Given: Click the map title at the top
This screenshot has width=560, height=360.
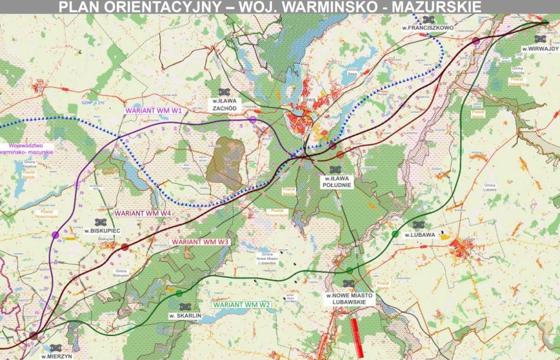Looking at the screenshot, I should click(x=270, y=7).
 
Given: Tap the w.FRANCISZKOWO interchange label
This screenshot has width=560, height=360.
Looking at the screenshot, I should click(x=431, y=27).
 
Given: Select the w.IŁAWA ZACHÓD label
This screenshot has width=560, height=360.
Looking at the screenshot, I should click(x=223, y=104).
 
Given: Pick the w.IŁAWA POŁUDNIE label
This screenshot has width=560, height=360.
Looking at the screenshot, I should click(x=337, y=182).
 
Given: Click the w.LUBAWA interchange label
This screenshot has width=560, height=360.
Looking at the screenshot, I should click(x=420, y=235).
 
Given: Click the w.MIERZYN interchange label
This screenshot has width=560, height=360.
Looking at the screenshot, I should click(x=56, y=356).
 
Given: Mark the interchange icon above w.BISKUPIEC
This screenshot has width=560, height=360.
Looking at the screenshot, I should click(x=100, y=222).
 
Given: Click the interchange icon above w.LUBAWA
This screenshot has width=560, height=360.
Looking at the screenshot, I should click(x=419, y=225).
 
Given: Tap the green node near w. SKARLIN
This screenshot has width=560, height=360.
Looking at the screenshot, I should click(x=179, y=293).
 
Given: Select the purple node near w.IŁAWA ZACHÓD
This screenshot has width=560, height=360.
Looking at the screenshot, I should click(x=253, y=119).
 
